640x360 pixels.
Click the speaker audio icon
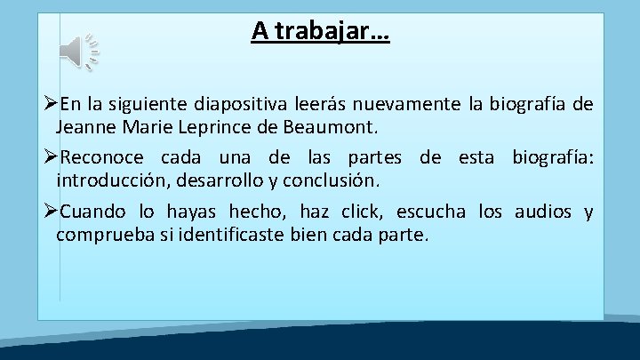(x=79, y=52)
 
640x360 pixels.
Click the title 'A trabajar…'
(x=319, y=32)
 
